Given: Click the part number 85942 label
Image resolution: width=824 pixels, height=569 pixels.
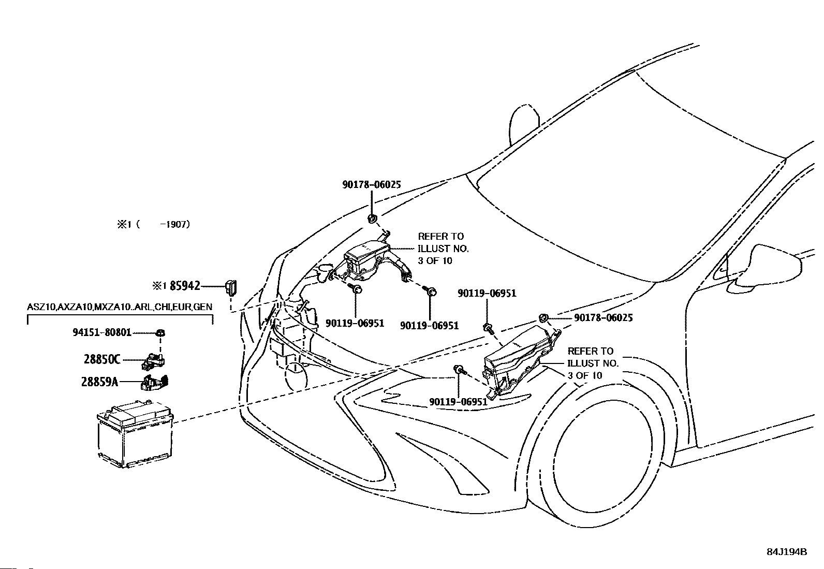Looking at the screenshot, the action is pos(185,286).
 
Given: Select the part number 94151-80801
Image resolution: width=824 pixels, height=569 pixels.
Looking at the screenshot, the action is pos(102,332).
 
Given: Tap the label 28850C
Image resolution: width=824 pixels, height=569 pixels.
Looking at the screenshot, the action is pos(102,359).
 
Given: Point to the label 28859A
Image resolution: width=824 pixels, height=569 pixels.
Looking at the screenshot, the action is pos(100,382).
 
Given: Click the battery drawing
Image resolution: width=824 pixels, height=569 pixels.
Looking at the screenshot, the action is pos(135,434).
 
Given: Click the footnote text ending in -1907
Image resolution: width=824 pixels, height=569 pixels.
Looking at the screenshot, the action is pos(153,225).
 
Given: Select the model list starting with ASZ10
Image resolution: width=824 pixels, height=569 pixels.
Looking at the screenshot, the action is pos(120,307).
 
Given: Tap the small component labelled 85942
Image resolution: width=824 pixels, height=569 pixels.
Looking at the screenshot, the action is pos(231,287).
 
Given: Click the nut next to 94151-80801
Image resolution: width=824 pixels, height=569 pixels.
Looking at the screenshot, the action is pos(160,333).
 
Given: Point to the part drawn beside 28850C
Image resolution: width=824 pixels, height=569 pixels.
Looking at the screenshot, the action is pos(153,361).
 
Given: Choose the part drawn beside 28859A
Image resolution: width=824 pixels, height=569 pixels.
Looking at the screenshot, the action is pos(154,382).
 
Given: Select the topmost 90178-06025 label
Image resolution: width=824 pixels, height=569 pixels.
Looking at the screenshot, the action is pos(372,185).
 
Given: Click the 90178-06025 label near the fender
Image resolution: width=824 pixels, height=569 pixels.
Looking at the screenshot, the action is pos(604,317).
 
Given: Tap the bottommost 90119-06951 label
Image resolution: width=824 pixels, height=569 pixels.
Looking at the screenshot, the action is pos(459,402).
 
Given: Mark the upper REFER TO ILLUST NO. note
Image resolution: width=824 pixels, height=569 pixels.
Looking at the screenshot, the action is pos(443,249).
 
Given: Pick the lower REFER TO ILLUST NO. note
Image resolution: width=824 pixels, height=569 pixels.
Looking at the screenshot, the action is pos(593,363).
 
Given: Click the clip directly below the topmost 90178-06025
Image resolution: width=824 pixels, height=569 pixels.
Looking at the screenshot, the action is pos(372,218).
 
